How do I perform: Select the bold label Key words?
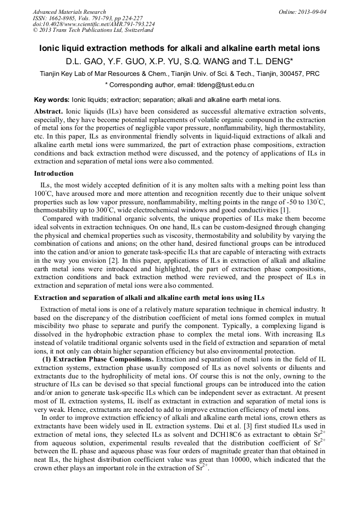click(x=52, y=99)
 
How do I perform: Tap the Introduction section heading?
click(x=54, y=174)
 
